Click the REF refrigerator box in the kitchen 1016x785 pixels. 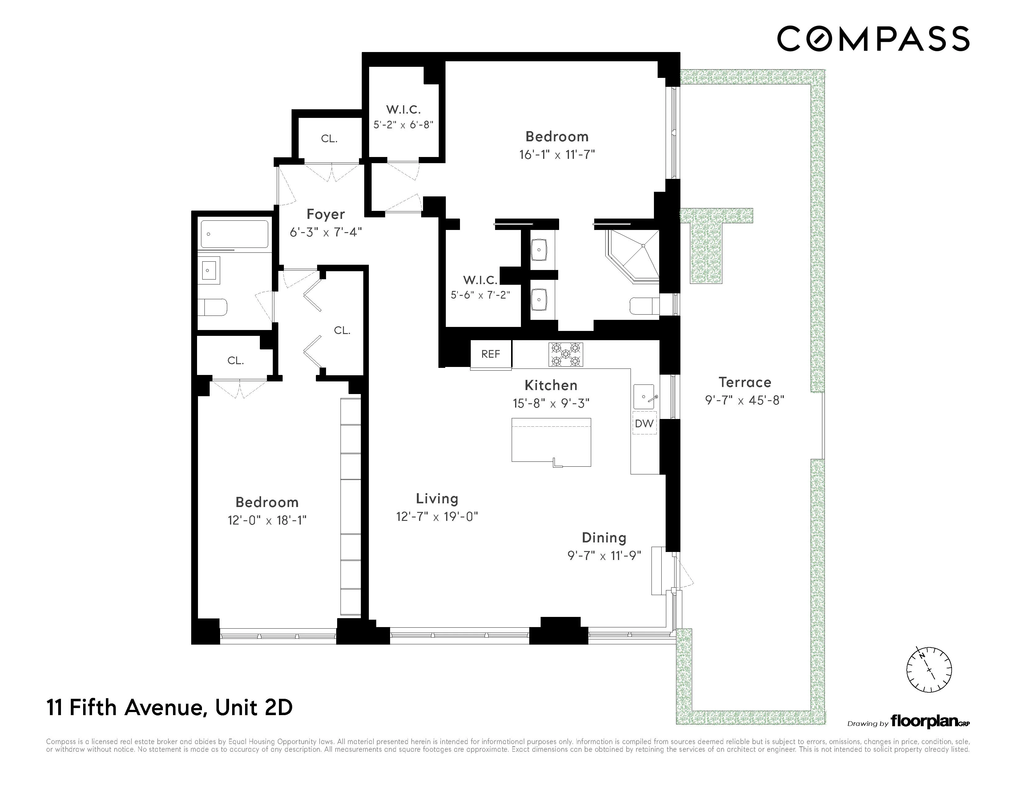click(491, 354)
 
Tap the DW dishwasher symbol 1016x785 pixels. click(644, 423)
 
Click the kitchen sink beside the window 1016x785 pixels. click(644, 397)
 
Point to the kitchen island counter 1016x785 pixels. click(551, 442)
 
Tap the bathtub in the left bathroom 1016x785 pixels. click(235, 234)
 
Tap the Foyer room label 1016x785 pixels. click(326, 214)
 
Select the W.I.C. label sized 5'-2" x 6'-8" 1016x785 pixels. click(403, 125)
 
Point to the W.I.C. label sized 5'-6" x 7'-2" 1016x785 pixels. click(480, 295)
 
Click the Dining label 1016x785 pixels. click(604, 538)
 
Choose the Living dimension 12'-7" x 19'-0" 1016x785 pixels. click(437, 517)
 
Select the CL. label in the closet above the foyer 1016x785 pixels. click(329, 139)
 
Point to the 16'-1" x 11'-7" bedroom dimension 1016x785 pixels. click(557, 155)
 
